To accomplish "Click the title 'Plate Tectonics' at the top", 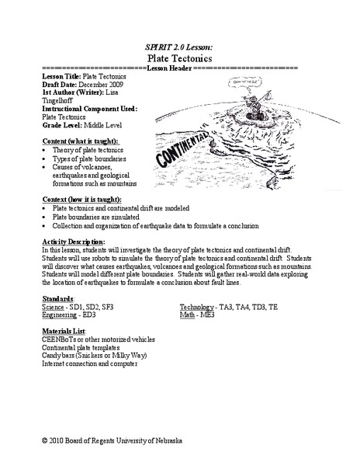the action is tap(179, 57).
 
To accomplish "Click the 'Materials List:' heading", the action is tap(63, 332).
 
